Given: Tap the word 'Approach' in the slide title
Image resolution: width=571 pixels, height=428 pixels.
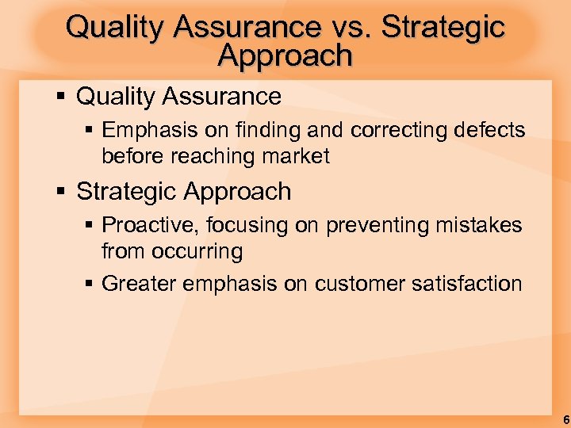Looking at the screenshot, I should coord(285,55).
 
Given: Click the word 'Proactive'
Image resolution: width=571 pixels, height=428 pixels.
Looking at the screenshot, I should coord(150,225).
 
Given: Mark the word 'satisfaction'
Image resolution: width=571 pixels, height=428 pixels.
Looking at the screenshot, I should coord(467,283).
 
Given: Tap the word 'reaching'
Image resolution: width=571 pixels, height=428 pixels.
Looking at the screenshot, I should coord(212,156).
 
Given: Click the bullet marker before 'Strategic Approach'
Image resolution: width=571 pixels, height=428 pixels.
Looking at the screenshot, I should coord(62,192).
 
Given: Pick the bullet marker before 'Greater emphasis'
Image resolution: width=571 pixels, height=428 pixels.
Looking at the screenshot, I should coord(88,283).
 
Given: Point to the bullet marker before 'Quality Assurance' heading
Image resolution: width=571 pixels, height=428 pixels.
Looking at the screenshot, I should coord(62,97).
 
